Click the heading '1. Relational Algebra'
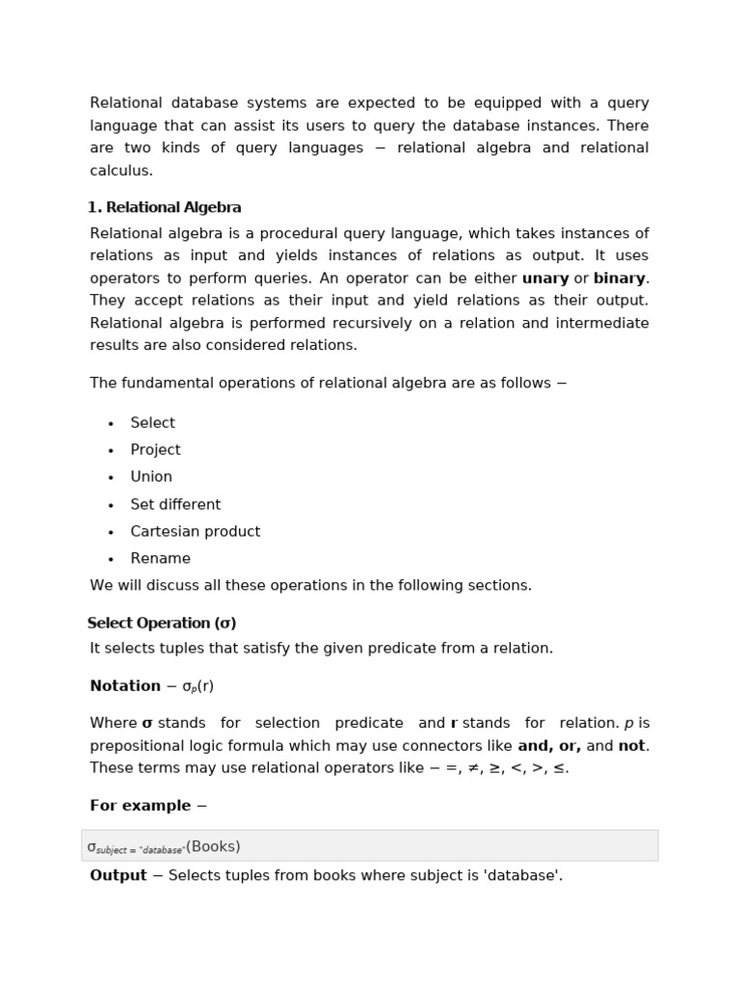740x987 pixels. point(164,207)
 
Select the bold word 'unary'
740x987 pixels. point(545,279)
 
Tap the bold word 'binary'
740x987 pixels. point(620,279)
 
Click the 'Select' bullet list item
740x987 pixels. point(152,423)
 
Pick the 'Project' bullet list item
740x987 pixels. point(155,450)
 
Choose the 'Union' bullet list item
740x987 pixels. point(151,477)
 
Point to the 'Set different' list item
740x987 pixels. point(175,504)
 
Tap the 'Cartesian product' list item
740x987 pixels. point(195,531)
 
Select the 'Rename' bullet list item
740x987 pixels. point(160,558)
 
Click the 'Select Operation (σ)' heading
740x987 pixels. point(161,623)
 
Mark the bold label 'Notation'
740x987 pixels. point(125,686)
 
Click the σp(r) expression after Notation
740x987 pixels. point(198,686)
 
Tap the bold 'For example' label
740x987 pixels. point(140,806)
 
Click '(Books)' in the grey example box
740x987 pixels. point(213,846)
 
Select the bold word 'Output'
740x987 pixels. point(118,875)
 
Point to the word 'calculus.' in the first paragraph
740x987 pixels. point(121,171)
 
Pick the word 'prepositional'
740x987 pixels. point(138,746)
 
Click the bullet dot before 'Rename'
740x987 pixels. point(112,559)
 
